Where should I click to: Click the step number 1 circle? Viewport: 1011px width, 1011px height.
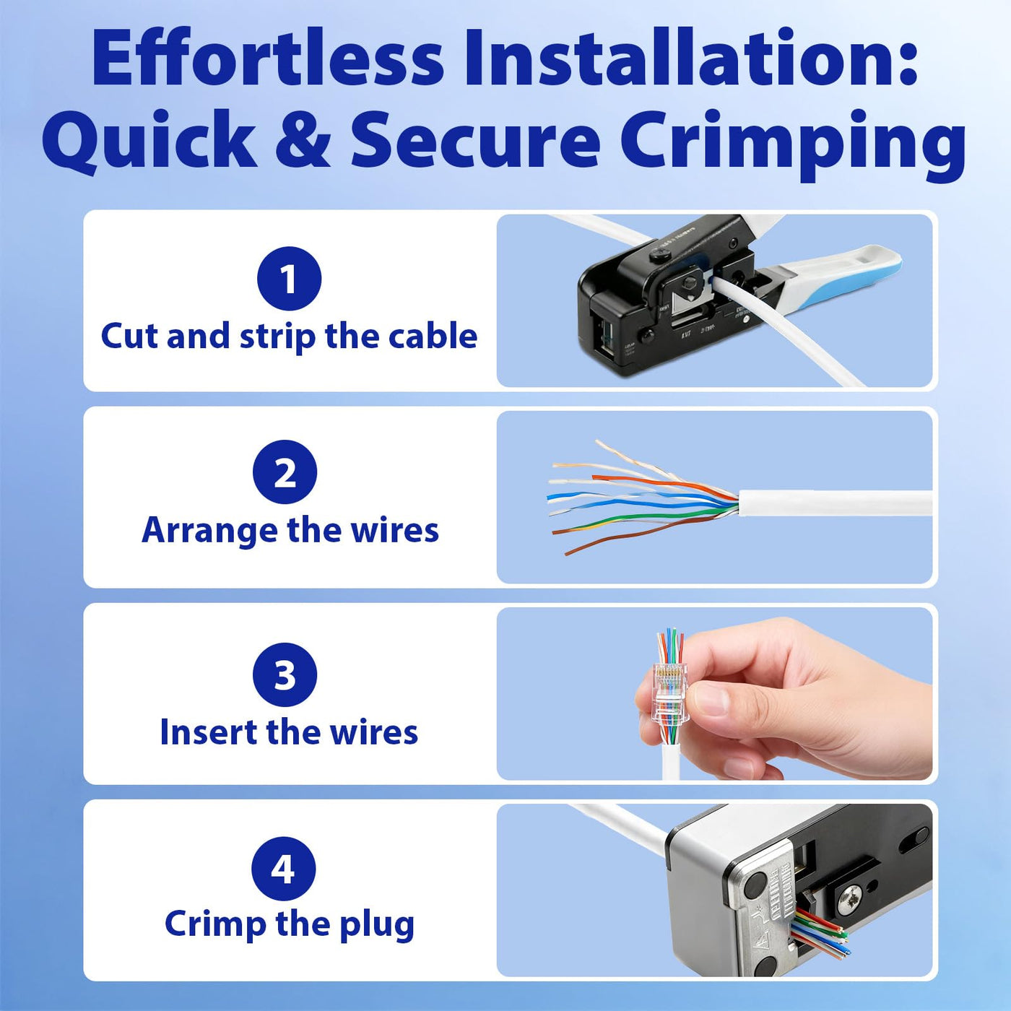(x=289, y=279)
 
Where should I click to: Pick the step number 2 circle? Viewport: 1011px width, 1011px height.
(x=285, y=472)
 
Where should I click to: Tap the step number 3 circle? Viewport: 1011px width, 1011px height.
(x=285, y=674)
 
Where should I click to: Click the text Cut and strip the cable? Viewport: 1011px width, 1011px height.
(x=289, y=337)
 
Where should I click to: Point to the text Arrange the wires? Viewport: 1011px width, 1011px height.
(x=290, y=531)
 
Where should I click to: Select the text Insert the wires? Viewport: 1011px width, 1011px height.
(x=289, y=732)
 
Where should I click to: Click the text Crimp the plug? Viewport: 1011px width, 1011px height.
(x=290, y=925)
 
